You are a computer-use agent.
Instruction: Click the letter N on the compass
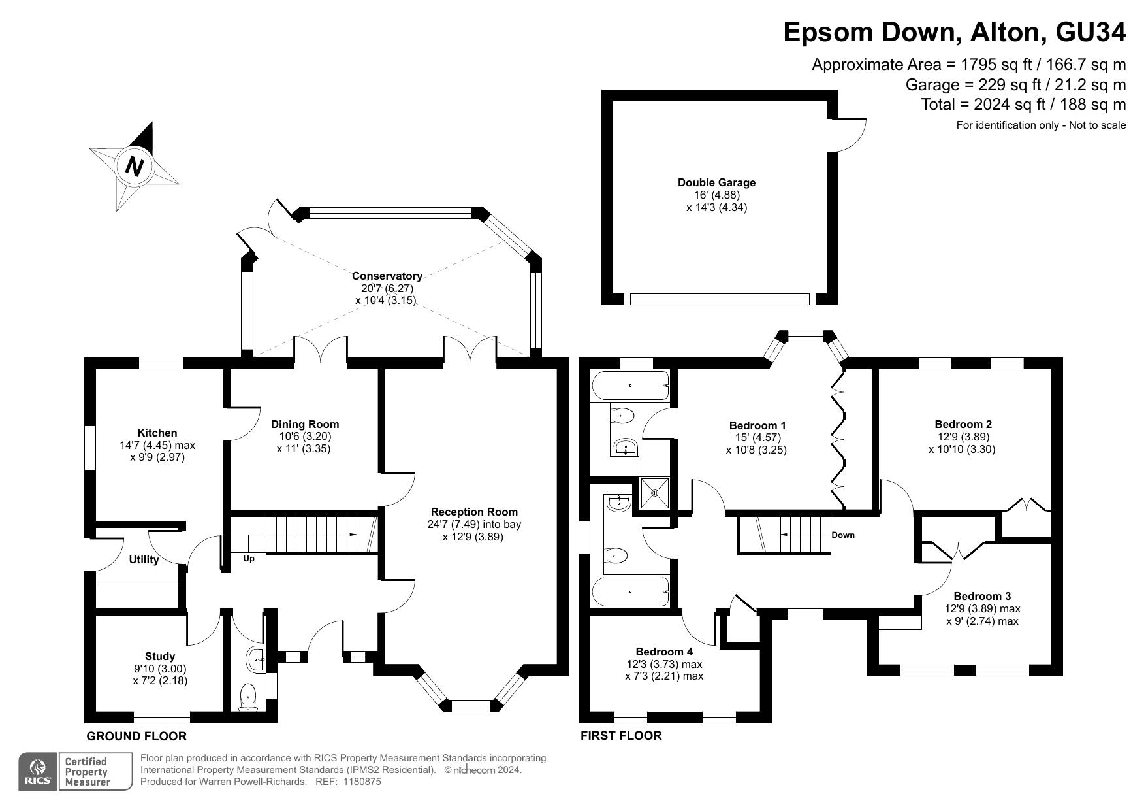(x=135, y=167)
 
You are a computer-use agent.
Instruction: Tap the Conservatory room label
(x=387, y=276)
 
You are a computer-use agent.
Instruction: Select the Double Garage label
(x=716, y=182)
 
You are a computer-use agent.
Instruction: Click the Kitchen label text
(x=157, y=433)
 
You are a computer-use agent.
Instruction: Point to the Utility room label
(x=144, y=559)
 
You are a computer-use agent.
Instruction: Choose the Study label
(x=160, y=656)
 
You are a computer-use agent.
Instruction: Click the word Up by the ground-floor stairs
(x=249, y=559)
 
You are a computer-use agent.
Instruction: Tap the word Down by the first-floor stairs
(x=843, y=535)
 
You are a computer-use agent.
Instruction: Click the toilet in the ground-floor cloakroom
(x=248, y=697)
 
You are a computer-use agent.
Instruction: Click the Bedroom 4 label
(x=664, y=652)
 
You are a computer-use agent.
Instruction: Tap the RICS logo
(x=39, y=772)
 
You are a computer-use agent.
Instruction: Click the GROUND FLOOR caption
(x=136, y=737)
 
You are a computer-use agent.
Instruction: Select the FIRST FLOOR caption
(x=621, y=736)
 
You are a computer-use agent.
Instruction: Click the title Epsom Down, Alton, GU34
(x=955, y=32)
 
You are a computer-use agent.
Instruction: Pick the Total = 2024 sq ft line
(x=1023, y=105)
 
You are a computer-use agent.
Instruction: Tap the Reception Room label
(x=474, y=512)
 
